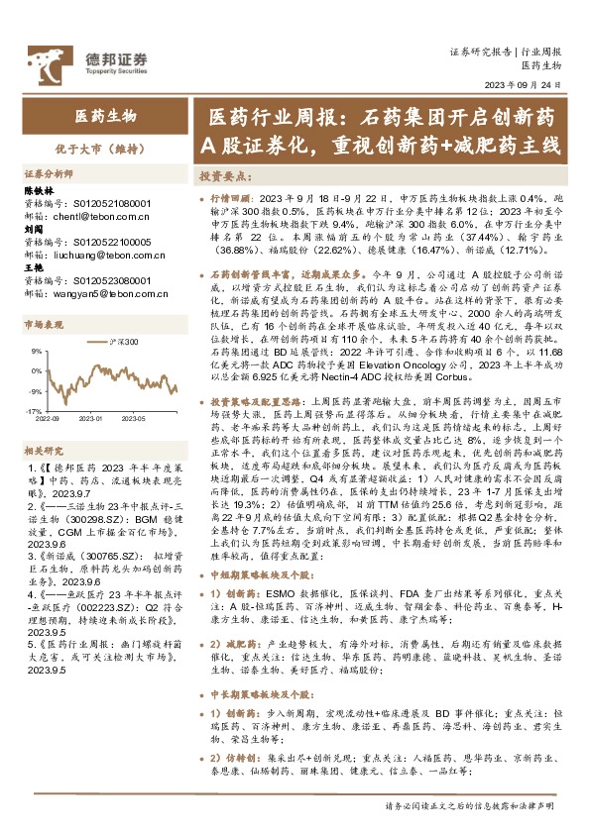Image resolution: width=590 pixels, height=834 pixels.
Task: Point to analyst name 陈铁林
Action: [41, 188]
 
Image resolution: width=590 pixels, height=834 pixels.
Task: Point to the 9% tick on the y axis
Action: [36, 352]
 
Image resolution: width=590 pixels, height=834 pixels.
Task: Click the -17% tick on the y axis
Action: [34, 410]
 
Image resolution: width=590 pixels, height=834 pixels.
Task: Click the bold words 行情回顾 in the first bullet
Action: [234, 198]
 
